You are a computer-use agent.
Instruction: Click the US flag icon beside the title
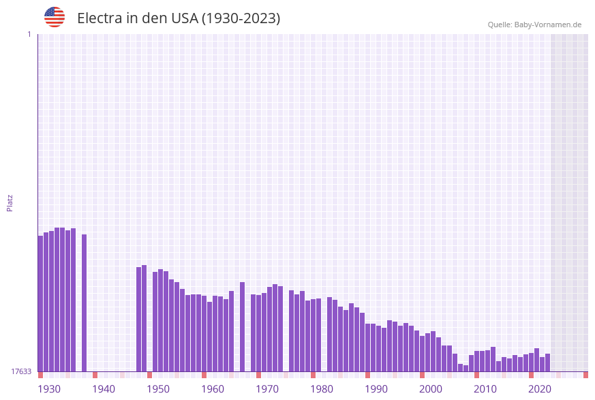[x=55, y=17]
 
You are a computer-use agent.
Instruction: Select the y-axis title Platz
[x=10, y=202]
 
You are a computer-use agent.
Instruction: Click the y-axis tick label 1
[x=29, y=34]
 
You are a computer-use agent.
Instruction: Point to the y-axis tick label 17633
[x=21, y=371]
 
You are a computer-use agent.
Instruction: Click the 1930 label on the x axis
[x=49, y=389]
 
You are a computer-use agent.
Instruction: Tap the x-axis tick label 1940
[x=104, y=389]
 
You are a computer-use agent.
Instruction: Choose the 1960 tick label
[x=213, y=389]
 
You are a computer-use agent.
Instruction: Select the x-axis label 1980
[x=322, y=389]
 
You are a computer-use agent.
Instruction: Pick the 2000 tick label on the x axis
[x=431, y=389]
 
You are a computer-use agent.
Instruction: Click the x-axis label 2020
[x=540, y=389]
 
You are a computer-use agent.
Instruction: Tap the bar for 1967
[x=242, y=326]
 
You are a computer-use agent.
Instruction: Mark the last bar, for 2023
[x=547, y=363]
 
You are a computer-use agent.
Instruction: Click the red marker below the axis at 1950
[x=149, y=375]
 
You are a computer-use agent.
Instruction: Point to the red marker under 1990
[x=367, y=375]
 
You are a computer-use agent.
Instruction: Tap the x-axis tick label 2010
[x=485, y=389]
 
